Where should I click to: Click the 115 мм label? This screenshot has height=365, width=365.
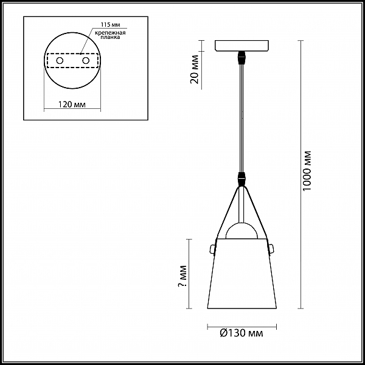point(111,25)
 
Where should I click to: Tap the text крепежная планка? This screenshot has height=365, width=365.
point(110,35)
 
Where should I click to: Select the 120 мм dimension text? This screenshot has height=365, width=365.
point(72,105)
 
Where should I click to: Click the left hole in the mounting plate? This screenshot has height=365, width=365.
point(60,61)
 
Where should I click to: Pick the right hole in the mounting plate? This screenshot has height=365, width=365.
point(86,61)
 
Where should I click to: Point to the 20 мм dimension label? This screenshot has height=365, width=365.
point(195,69)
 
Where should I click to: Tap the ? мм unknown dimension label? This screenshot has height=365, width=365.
point(183,276)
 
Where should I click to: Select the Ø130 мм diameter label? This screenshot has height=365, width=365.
point(242,333)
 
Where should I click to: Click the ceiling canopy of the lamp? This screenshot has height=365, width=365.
point(242,46)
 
